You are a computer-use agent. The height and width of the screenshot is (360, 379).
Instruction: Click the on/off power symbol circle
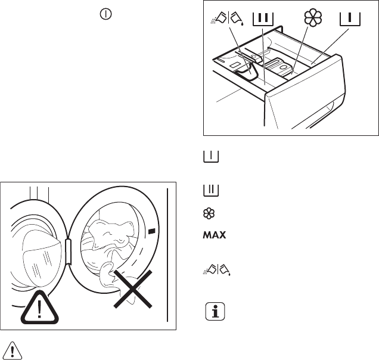[x=105, y=14]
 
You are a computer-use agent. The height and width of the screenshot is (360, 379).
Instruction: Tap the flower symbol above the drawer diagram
[x=313, y=17]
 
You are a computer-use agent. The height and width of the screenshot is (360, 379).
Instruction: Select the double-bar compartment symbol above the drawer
[x=263, y=19]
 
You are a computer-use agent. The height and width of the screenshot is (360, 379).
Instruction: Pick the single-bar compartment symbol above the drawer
[x=350, y=19]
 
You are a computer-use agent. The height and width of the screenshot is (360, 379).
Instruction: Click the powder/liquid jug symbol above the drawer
[x=227, y=18]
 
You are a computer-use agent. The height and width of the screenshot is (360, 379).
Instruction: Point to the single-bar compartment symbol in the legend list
[x=211, y=156]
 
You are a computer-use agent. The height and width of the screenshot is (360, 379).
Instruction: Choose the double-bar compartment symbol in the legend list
[x=211, y=191]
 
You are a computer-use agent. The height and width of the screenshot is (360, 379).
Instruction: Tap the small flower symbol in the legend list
[x=209, y=213]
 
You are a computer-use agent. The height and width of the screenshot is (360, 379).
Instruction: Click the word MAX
[x=215, y=235]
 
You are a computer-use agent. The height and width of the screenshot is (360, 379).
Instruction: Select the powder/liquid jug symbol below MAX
[x=216, y=269]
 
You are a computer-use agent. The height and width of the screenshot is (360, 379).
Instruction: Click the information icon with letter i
[x=215, y=311]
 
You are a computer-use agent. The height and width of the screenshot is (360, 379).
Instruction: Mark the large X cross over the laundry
[x=133, y=289]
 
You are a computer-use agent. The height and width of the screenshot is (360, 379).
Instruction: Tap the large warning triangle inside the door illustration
[x=40, y=308]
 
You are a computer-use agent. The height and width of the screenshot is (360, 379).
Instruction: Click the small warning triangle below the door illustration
[x=13, y=350]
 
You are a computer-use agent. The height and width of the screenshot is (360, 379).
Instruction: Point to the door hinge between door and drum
[x=69, y=252]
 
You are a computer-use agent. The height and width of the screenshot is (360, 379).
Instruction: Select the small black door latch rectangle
[x=151, y=231]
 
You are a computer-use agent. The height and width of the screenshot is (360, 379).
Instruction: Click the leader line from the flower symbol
[x=300, y=49]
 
